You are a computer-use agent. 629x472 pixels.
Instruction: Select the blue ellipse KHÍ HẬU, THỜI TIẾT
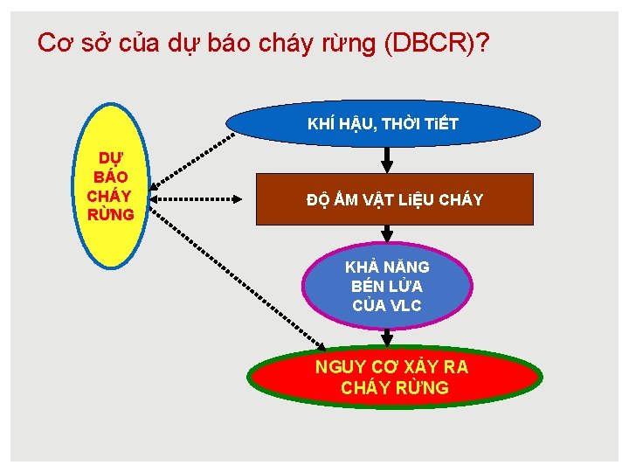point(383,123)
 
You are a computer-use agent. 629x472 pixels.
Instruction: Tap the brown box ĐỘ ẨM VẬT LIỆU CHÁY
point(395,200)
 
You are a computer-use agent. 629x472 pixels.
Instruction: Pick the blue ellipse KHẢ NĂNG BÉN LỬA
point(387,285)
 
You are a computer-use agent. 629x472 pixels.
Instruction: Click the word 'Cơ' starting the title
point(54,43)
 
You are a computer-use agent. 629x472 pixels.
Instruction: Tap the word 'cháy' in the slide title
point(287,43)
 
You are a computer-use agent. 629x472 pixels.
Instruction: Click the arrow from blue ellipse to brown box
point(389,158)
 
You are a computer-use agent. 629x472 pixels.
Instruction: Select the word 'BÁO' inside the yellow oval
point(110,178)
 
